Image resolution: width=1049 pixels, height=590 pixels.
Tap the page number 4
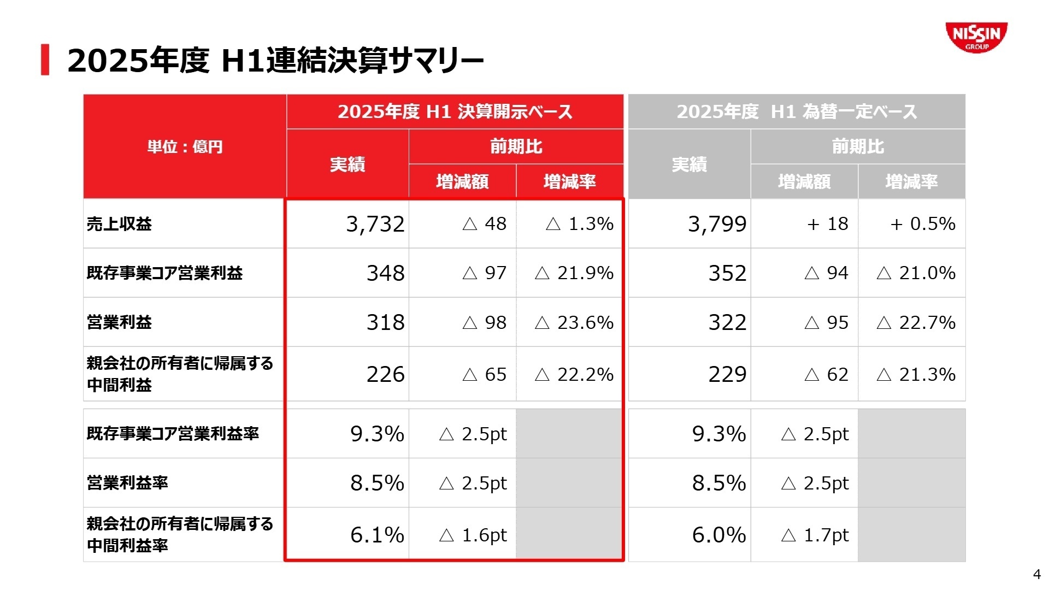pyautogui.click(x=1036, y=574)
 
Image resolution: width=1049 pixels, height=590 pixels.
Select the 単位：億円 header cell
pyautogui.click(x=185, y=146)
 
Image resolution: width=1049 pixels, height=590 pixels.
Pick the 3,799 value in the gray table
pyautogui.click(x=717, y=224)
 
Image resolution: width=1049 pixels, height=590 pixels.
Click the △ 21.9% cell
pyautogui.click(x=574, y=273)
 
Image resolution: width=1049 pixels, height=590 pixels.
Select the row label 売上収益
pyautogui.click(x=119, y=224)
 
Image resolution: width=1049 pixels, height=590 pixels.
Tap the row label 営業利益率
pyautogui.click(x=127, y=483)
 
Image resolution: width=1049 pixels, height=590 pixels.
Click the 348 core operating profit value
pyautogui.click(x=385, y=273)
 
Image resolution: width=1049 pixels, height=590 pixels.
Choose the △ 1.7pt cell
pyautogui.click(x=815, y=535)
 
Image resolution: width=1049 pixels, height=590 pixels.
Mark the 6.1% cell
pyautogui.click(x=377, y=535)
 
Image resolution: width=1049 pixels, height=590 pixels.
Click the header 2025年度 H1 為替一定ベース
pyautogui.click(x=797, y=112)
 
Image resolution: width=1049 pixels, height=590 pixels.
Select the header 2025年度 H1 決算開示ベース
pyautogui.click(x=455, y=112)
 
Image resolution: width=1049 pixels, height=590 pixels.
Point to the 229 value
pyautogui.click(x=727, y=374)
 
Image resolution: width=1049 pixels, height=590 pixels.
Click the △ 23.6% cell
pyautogui.click(x=574, y=322)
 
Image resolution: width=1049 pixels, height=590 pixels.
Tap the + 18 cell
pyautogui.click(x=827, y=224)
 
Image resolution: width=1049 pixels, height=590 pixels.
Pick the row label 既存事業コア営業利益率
pyautogui.click(x=173, y=434)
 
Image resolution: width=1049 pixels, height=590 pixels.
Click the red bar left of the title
pyautogui.click(x=45, y=60)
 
